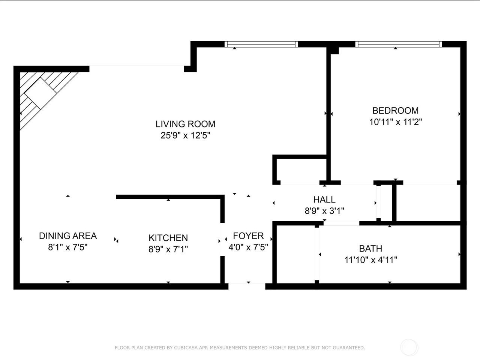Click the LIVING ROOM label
coord(185,124)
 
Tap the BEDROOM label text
coord(395,111)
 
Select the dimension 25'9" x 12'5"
coord(185,135)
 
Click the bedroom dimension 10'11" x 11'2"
coord(395,122)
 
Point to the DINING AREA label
coord(68,236)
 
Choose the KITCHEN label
coord(168,238)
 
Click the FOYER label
coord(248,236)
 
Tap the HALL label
coord(324,199)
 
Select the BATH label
coord(370,248)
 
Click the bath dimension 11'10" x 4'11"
coord(370,259)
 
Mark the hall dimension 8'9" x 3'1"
coord(324,211)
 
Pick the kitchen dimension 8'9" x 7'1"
coord(168,249)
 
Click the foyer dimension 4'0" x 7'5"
coord(248,247)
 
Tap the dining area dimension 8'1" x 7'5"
coord(68,247)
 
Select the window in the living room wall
coord(261,44)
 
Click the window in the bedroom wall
coord(398,44)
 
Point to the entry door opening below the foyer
coord(247,286)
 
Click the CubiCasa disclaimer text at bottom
coord(240,348)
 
